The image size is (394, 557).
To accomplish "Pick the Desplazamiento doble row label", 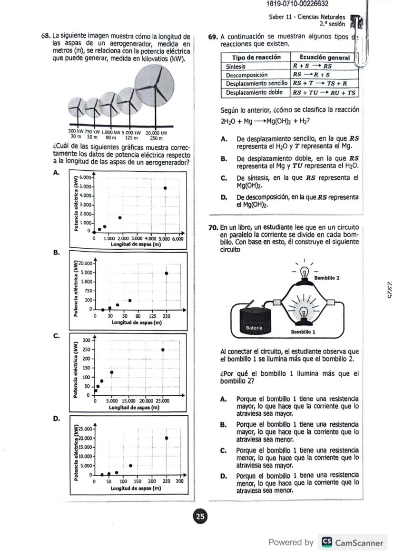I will (254, 92).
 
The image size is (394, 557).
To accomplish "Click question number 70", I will (214, 227).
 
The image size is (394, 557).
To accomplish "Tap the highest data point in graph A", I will (165, 188).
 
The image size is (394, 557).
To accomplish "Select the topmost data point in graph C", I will (163, 350).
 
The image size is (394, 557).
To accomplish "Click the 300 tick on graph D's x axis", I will (179, 482).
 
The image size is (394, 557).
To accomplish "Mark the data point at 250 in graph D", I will (167, 438).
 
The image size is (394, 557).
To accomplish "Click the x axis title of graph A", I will (136, 244).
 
